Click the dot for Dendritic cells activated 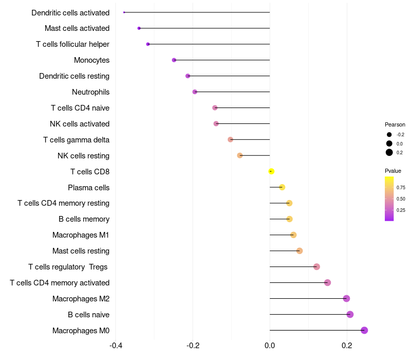124,12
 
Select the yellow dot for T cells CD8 271,171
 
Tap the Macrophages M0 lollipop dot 364,330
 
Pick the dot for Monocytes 174,60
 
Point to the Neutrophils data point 195,92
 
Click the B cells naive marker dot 350,314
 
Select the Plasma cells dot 282,187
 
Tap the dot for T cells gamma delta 230,139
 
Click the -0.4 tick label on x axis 116,345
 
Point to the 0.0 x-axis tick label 270,345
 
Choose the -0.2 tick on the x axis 193,345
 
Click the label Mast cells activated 77,28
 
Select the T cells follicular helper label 72,44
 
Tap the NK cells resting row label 83,156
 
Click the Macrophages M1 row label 81,235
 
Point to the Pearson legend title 395,124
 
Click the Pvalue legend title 393,171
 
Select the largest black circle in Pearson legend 389,152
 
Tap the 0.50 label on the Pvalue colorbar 401,199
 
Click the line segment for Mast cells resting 285,251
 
